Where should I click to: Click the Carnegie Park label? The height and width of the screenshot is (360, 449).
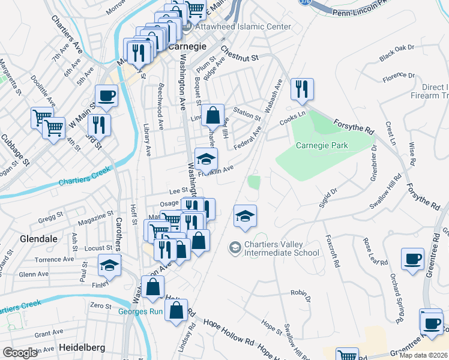(322, 145)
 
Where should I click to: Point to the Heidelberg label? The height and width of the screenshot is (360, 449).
(82, 347)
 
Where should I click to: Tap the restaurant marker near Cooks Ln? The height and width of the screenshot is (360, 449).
(301, 89)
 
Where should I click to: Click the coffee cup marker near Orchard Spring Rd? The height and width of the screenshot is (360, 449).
(412, 259)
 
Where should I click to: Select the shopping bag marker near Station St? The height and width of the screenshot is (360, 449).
(212, 115)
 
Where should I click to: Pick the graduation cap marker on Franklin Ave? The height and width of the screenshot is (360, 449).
(206, 160)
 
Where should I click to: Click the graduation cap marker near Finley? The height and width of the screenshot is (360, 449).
(109, 265)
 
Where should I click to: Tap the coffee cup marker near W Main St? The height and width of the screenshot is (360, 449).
(106, 95)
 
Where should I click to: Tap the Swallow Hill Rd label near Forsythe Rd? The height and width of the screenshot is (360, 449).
(385, 192)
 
